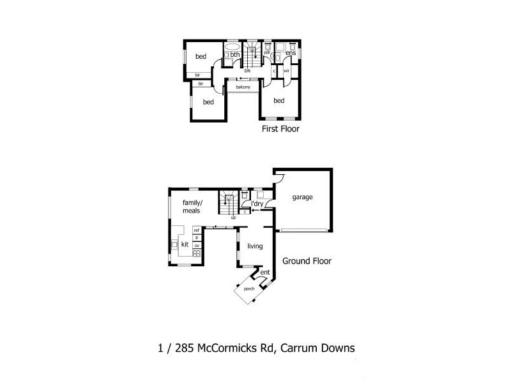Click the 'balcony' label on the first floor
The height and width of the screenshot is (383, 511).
(x=243, y=87)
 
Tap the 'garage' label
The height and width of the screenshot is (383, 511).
(x=303, y=197)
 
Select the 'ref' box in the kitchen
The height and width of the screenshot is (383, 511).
(x=197, y=230)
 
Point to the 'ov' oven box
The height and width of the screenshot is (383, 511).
(x=197, y=245)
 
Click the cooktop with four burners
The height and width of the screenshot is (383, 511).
(x=197, y=253)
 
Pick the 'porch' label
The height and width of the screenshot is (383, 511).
(x=249, y=289)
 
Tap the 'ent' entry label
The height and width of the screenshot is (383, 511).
(x=264, y=273)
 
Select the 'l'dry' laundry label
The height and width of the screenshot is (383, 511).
(x=257, y=204)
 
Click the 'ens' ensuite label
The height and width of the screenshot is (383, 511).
(x=290, y=53)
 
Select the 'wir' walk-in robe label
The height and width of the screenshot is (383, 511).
(x=287, y=71)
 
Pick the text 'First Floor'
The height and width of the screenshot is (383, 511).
(x=280, y=129)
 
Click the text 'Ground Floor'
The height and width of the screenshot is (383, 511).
(x=309, y=261)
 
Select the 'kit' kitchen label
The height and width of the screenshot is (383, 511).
(x=185, y=244)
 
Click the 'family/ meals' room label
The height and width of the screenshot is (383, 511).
(x=192, y=206)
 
